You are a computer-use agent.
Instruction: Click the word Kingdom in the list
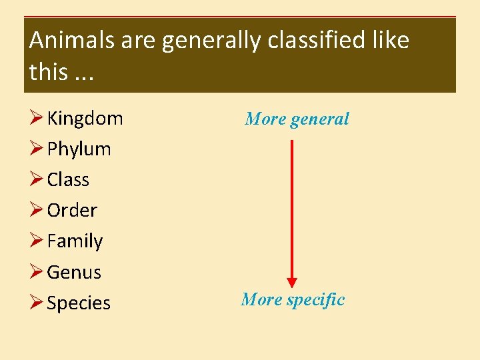(85, 119)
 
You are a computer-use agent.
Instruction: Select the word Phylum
(79, 149)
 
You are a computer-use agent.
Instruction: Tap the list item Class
(68, 180)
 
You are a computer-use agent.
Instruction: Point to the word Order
(72, 211)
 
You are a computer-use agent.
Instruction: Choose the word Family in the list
(75, 241)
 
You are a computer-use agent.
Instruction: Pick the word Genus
(74, 272)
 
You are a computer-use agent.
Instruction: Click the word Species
(79, 303)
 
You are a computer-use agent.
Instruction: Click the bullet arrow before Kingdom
(36, 119)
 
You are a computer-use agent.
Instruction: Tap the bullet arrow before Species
(36, 303)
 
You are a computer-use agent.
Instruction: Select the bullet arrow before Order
(36, 211)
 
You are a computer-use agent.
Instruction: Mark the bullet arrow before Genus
(36, 272)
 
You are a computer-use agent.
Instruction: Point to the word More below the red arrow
(261, 300)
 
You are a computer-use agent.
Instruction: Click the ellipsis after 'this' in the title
(84, 72)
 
